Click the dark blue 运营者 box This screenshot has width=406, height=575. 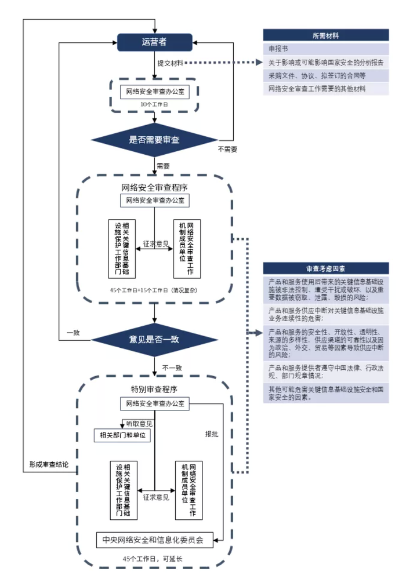pyautogui.click(x=154, y=42)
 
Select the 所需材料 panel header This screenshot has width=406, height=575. pyautogui.click(x=325, y=35)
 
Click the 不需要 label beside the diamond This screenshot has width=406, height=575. pyautogui.click(x=228, y=150)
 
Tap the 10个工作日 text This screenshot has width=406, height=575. pyautogui.click(x=154, y=105)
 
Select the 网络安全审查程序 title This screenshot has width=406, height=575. pyautogui.click(x=154, y=188)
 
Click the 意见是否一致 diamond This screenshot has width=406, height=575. pyautogui.click(x=154, y=339)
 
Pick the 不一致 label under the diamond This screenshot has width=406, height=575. pyautogui.click(x=172, y=367)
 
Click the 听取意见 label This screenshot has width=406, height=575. pyautogui.click(x=139, y=424)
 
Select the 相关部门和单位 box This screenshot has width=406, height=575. pyautogui.click(x=122, y=435)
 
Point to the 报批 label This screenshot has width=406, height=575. pyautogui.click(x=212, y=434)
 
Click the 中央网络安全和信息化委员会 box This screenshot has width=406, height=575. pyautogui.click(x=154, y=540)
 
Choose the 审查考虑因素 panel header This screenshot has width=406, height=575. pyautogui.click(x=325, y=269)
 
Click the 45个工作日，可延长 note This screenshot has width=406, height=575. pyautogui.click(x=154, y=559)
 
